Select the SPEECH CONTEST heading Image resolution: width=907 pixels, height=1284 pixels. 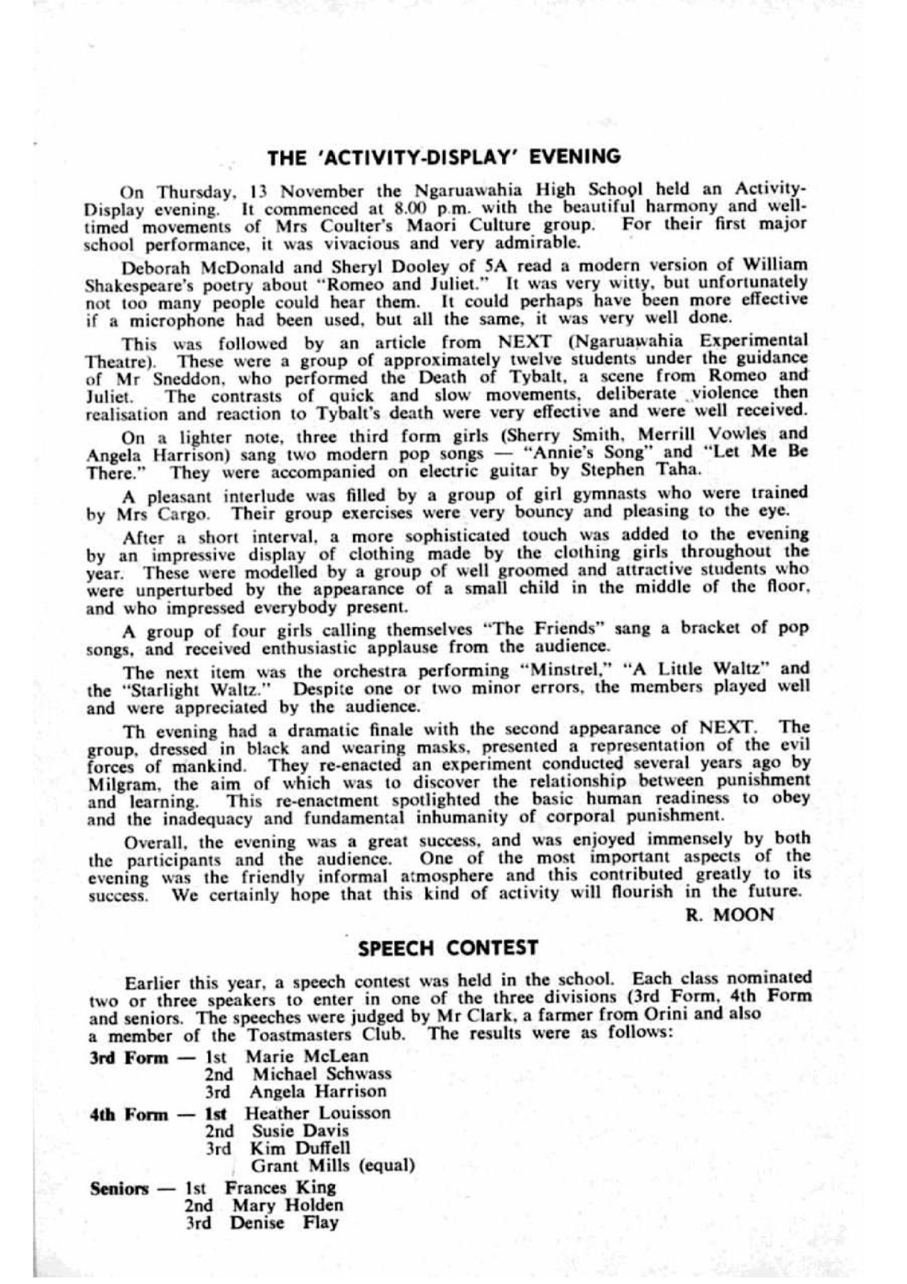pyautogui.click(x=447, y=948)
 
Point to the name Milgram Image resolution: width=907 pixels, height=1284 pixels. pyautogui.click(x=116, y=783)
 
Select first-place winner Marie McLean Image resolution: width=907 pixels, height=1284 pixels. pyautogui.click(x=308, y=1056)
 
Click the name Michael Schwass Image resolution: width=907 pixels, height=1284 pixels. pyautogui.click(x=321, y=1074)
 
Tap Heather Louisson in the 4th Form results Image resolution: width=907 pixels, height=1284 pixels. pyautogui.click(x=318, y=1113)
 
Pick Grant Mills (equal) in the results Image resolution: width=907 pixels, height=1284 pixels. pyautogui.click(x=333, y=1166)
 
